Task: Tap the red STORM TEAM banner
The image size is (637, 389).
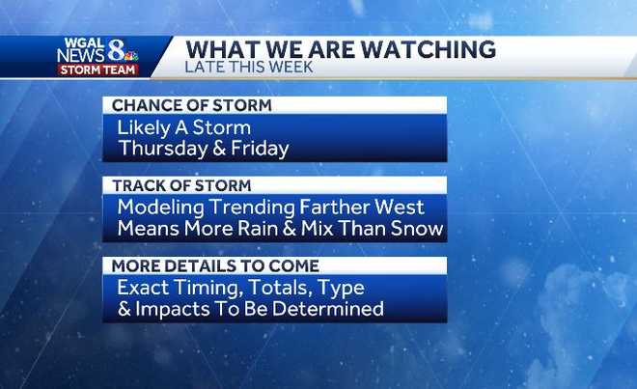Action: (x=97, y=69)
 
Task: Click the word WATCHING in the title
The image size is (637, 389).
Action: (x=436, y=49)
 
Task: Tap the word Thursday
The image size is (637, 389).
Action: (x=157, y=149)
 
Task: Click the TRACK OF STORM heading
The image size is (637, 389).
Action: (x=181, y=185)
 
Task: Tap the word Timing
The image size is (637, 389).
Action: (x=202, y=288)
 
